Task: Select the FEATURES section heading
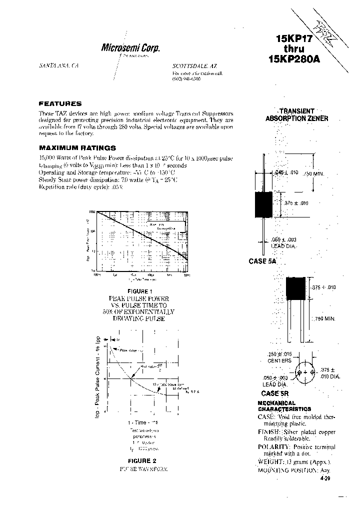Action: (60, 103)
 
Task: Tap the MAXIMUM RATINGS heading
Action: (77, 148)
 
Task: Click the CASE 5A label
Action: (262, 261)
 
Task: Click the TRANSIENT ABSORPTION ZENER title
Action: (296, 115)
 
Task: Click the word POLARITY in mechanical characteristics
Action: (274, 446)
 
